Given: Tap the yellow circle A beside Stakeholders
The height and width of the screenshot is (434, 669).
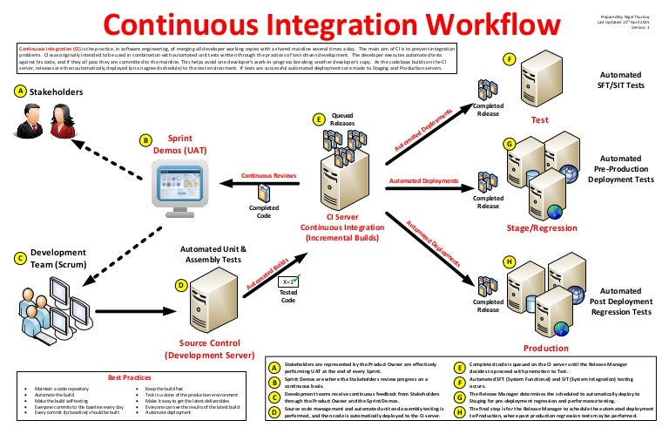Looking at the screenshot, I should [19, 91].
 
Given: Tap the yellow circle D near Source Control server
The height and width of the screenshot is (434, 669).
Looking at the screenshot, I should [180, 284].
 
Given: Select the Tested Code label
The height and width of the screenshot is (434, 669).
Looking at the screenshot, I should [287, 296].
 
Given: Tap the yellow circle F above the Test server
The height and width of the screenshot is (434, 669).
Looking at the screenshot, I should [510, 58].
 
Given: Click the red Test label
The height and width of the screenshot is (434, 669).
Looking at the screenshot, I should [539, 120].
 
